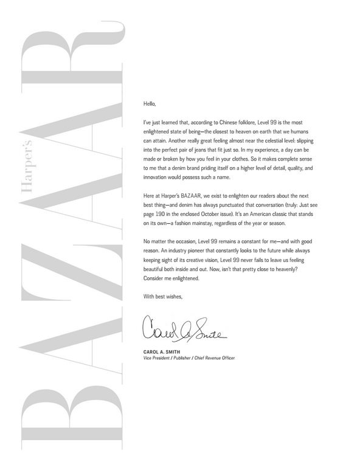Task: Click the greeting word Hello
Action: click(150, 104)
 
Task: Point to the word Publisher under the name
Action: click(176, 358)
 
